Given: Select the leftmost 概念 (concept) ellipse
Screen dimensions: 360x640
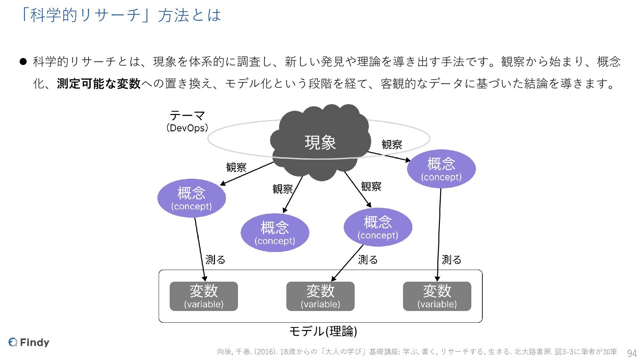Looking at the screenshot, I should pyautogui.click(x=191, y=198).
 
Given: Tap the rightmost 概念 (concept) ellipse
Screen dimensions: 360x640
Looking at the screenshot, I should pyautogui.click(x=441, y=169).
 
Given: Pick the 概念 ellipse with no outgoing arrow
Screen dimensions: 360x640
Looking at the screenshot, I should pyautogui.click(x=275, y=233).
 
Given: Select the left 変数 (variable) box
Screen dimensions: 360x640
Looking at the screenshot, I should pyautogui.click(x=204, y=296).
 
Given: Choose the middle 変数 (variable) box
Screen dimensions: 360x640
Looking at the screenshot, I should pyautogui.click(x=320, y=296).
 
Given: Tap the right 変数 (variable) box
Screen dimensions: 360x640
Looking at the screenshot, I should pyautogui.click(x=437, y=296).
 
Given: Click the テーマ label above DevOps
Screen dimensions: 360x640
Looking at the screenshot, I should pyautogui.click(x=187, y=116).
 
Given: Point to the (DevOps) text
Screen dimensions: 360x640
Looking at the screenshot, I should pyautogui.click(x=187, y=128).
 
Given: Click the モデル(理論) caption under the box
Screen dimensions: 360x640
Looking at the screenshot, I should pyautogui.click(x=323, y=331).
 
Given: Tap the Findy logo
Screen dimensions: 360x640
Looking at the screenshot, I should pyautogui.click(x=29, y=342).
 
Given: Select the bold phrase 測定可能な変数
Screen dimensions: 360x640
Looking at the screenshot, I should pyautogui.click(x=99, y=83).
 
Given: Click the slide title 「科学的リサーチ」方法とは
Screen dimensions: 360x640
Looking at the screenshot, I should pyautogui.click(x=120, y=15).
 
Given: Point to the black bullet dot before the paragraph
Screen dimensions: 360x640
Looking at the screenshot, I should pyautogui.click(x=23, y=62).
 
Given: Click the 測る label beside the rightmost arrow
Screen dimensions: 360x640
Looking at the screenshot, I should pyautogui.click(x=451, y=259).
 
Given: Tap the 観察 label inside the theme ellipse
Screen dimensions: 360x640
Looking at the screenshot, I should pyautogui.click(x=392, y=145).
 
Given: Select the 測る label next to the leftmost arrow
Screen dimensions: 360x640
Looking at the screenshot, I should pyautogui.click(x=215, y=259).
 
